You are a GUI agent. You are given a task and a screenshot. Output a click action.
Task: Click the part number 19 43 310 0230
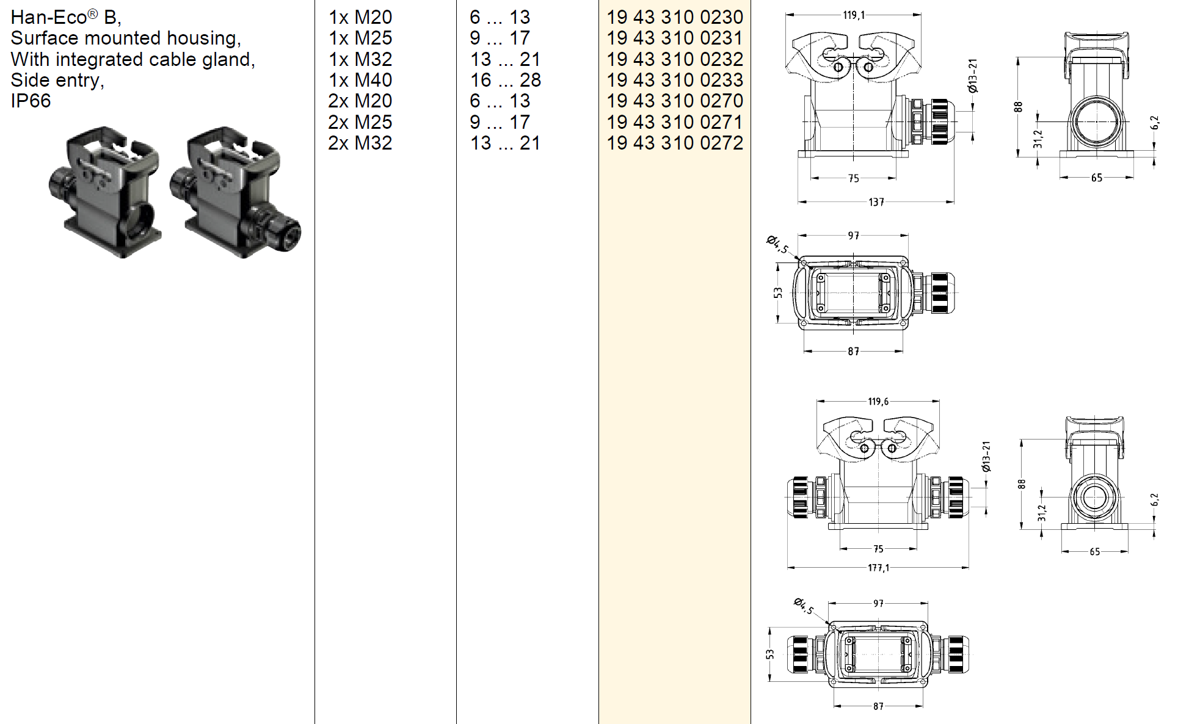[x=674, y=17]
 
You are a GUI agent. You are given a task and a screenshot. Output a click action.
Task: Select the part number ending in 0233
[x=674, y=80]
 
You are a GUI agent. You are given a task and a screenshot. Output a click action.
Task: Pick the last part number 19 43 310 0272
[x=674, y=143]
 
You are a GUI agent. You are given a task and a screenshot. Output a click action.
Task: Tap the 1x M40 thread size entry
[x=360, y=80]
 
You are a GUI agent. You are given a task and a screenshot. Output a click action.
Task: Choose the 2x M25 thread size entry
[x=360, y=122]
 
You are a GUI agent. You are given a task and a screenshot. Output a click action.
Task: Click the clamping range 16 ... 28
[x=505, y=80]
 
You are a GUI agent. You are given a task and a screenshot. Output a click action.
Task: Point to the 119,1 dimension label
[x=853, y=15]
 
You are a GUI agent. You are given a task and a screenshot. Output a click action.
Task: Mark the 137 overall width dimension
[x=876, y=202]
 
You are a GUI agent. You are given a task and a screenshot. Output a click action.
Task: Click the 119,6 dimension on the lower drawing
[x=878, y=402]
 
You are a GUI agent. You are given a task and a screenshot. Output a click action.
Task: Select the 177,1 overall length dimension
[x=878, y=568]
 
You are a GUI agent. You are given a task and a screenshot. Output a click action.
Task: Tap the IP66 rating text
[x=31, y=101]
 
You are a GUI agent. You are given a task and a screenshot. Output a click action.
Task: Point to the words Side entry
[x=57, y=81]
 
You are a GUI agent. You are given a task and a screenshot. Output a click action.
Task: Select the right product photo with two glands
[x=235, y=192]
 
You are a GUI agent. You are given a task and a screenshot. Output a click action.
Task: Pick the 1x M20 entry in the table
[x=360, y=17]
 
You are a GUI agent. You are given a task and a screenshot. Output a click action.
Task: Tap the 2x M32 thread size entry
[x=360, y=143]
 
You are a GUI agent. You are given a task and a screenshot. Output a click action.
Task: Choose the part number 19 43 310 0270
[x=674, y=101]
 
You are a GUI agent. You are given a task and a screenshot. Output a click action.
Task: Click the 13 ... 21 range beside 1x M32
[x=505, y=59]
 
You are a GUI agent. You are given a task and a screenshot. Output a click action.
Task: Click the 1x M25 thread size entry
[x=360, y=38]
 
